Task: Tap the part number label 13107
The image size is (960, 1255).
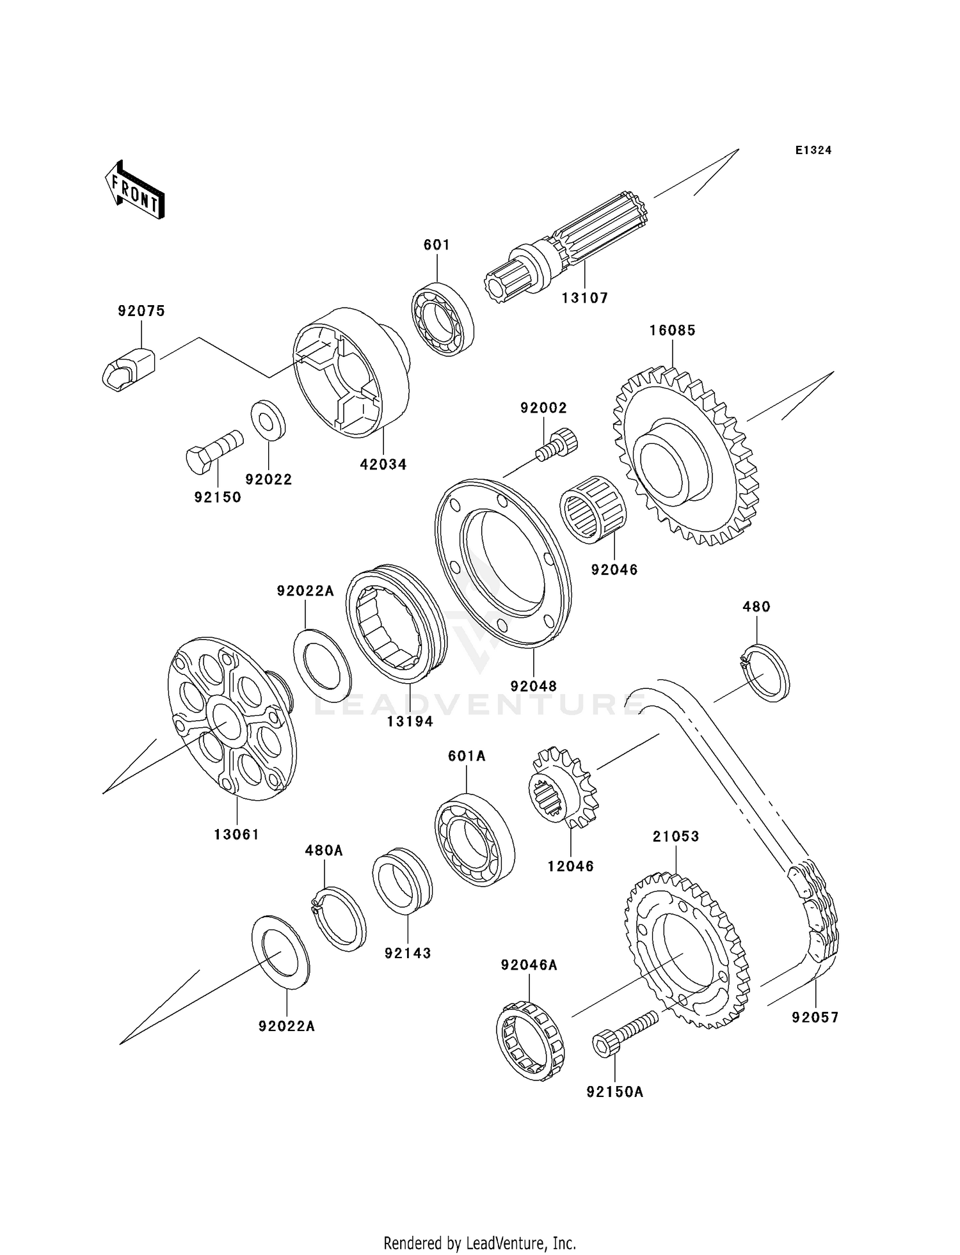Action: (x=585, y=298)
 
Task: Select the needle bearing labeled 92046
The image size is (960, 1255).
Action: (x=593, y=510)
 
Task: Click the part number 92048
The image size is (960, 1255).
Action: (x=533, y=686)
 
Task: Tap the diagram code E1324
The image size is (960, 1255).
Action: (x=813, y=150)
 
